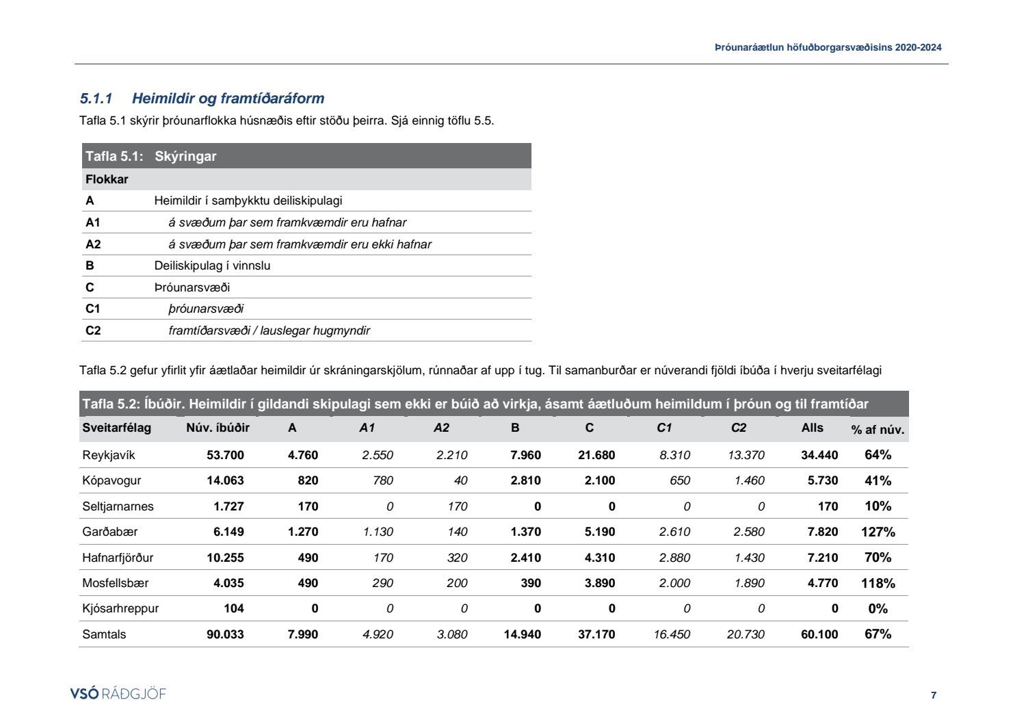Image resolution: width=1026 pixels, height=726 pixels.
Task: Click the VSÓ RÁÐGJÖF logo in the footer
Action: click(118, 694)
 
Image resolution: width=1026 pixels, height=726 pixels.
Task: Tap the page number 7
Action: click(934, 695)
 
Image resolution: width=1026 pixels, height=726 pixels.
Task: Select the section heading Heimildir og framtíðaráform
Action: click(228, 99)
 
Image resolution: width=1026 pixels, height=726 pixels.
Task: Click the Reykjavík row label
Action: click(109, 455)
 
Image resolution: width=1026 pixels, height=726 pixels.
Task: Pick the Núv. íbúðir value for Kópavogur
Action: click(225, 480)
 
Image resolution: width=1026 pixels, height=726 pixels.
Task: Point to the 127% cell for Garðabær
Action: click(878, 532)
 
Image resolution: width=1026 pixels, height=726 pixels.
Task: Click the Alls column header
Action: click(813, 428)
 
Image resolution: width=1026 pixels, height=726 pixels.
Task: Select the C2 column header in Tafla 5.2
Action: click(739, 428)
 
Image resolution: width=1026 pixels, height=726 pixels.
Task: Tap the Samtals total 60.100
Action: click(819, 634)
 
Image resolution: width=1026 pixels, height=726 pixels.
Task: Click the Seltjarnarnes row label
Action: click(118, 506)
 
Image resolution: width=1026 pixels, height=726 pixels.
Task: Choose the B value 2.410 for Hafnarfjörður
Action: click(525, 558)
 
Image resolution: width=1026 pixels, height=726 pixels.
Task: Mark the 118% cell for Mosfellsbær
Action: click(878, 583)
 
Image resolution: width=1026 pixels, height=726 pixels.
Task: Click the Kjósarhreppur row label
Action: click(120, 608)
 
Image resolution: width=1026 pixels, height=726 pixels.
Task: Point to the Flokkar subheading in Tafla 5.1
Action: click(107, 179)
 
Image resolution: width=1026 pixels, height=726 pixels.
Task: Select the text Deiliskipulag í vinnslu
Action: click(212, 265)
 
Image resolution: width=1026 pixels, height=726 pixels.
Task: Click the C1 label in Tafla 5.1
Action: click(93, 309)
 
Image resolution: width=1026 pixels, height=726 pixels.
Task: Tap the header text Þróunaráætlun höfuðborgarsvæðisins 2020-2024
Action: click(828, 47)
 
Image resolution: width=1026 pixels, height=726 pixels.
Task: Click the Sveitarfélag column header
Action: click(116, 428)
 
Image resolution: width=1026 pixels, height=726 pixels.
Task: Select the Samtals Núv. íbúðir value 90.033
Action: click(225, 634)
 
